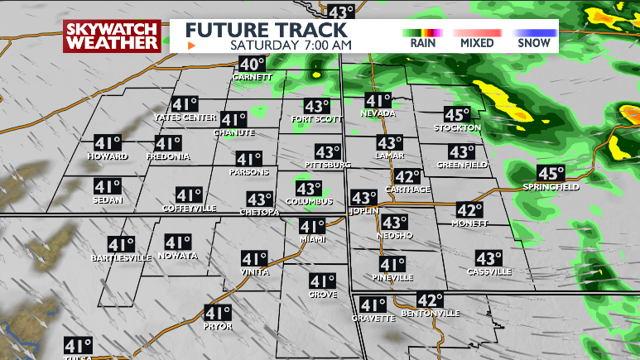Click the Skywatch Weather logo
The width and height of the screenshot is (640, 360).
pyautogui.click(x=112, y=36)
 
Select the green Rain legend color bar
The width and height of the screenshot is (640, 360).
pyautogui.click(x=423, y=32)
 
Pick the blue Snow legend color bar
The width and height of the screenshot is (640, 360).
pyautogui.click(x=531, y=32)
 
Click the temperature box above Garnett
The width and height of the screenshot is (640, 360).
pyautogui.click(x=253, y=65)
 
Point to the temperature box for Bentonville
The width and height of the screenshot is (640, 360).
pyautogui.click(x=430, y=300)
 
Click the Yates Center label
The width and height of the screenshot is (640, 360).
pyautogui.click(x=185, y=118)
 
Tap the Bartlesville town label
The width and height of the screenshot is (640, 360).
pyautogui.click(x=121, y=258)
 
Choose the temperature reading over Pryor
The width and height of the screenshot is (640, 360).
pyautogui.click(x=218, y=314)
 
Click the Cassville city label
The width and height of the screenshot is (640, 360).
pyautogui.click(x=489, y=271)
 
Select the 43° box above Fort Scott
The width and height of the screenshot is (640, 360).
pyautogui.click(x=317, y=107)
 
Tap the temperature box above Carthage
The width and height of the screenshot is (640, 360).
pyautogui.click(x=407, y=177)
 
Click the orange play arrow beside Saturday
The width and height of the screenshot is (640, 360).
pyautogui.click(x=192, y=46)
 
